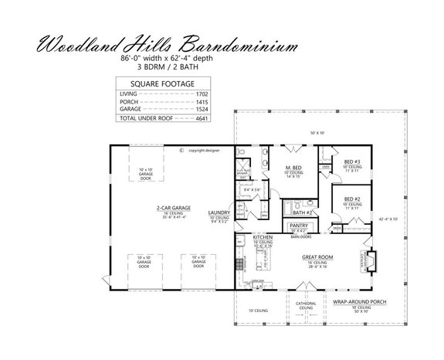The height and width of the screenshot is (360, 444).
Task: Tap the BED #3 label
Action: coord(353,162)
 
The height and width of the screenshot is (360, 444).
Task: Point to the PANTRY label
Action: coord(298,226)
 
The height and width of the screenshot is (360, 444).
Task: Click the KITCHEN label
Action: coord(263,238)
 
